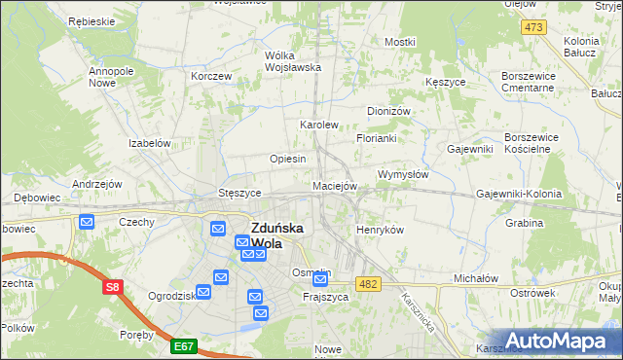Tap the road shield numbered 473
coord(532,27)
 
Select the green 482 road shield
coord(367,283)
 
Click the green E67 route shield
coord(183,344)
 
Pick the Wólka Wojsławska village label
coord(293,61)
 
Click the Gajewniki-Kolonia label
coord(519,194)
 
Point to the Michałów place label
coord(476,278)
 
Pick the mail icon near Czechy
coord(87,222)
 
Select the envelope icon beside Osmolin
coord(320,280)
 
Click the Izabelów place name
coord(150,142)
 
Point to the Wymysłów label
coord(403,174)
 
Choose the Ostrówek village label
coord(531,293)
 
